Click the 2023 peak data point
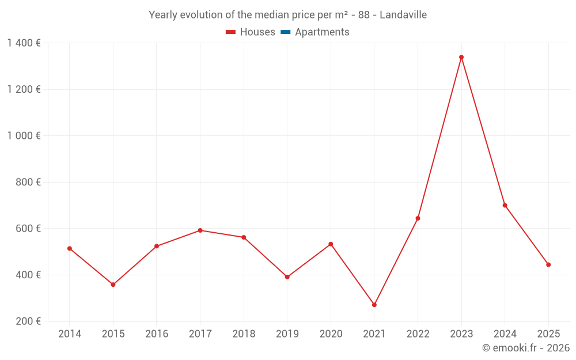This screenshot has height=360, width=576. pos(461,57)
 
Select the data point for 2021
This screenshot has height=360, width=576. pos(374,305)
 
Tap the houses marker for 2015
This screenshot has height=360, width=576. pos(113,285)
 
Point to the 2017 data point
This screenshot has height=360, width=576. pos(200,230)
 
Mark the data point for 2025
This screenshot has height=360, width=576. pos(548,265)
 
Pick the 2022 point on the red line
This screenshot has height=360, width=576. pos(418,218)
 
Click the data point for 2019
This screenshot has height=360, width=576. pos(287,277)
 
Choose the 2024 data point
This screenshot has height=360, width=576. pos(505,206)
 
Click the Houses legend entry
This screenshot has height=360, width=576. pos(251,32)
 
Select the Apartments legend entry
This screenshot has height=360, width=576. pos(315,32)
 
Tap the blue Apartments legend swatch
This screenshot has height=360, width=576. pos(286,32)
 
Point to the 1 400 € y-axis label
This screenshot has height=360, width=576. pos(24,43)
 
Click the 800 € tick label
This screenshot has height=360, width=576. pos(28,182)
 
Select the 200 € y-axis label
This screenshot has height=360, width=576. pos(28,321)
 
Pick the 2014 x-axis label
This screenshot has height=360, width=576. pos(70,334)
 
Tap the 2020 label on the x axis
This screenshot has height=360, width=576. pos(331,334)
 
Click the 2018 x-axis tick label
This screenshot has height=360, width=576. pos(244,334)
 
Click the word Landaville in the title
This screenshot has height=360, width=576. pos(403,15)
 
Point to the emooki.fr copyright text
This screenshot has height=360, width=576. pos(526,347)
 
